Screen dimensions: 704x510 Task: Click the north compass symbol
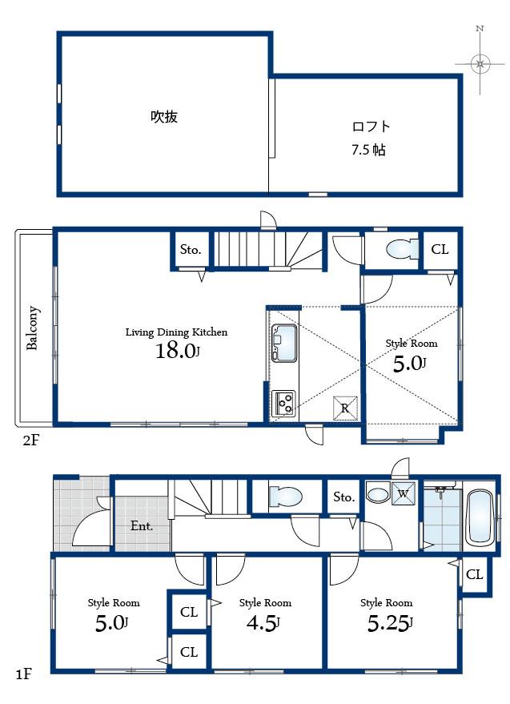click(x=480, y=62)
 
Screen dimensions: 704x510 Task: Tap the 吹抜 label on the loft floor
click(x=164, y=117)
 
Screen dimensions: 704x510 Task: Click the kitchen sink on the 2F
click(x=283, y=344)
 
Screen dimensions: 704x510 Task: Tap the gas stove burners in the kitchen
click(x=283, y=403)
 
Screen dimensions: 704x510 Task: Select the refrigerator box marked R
click(x=345, y=408)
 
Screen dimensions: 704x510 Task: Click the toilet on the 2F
click(x=400, y=250)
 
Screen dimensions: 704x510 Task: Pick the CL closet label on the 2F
click(x=440, y=250)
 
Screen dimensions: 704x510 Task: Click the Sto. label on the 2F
click(x=191, y=250)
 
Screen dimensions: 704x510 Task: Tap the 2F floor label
click(x=30, y=440)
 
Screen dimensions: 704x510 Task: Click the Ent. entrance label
click(x=142, y=526)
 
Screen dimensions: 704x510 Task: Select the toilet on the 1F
click(x=285, y=497)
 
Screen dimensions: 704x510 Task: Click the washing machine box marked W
click(x=402, y=493)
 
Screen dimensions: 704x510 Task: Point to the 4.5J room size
click(x=265, y=622)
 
